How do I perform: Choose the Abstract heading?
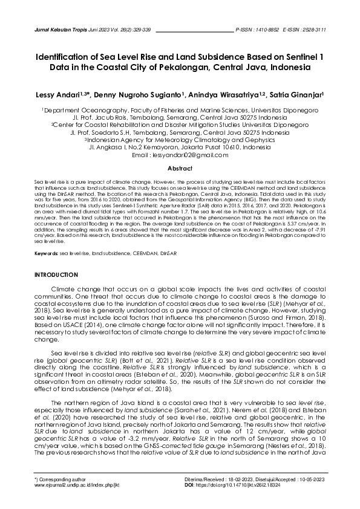coord(180,168)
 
